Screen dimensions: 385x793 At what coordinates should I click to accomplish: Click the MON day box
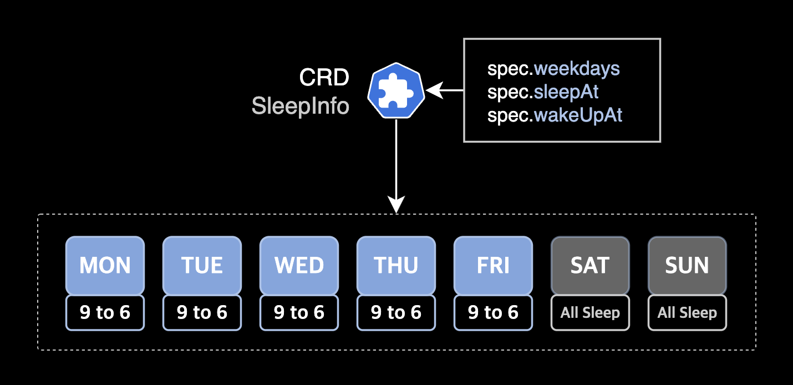point(105,265)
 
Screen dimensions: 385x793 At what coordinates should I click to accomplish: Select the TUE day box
point(202,265)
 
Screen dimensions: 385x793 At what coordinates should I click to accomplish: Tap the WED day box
point(299,265)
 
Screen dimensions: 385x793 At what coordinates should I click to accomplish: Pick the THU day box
point(396,265)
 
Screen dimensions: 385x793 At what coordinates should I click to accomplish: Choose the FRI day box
point(493,265)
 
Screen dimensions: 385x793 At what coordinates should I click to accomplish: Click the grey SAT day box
point(590,265)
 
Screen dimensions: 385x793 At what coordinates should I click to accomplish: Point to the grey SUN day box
point(687,265)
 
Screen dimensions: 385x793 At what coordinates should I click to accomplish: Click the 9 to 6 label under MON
point(105,313)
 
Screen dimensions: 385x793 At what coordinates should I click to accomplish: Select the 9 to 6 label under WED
point(299,313)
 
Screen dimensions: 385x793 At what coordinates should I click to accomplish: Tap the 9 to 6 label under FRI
point(493,313)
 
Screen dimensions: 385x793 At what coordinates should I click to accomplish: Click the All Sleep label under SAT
point(590,313)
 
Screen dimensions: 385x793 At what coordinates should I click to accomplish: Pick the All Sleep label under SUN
point(687,313)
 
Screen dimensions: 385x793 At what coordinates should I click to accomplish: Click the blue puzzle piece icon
point(396,90)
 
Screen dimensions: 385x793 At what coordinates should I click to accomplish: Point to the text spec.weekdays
point(553,69)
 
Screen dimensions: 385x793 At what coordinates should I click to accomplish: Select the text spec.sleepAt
point(543,92)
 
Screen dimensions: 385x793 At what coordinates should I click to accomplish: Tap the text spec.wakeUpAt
point(555,115)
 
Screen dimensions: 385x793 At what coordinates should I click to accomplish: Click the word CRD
point(324,78)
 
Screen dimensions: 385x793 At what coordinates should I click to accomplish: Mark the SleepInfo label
point(300,105)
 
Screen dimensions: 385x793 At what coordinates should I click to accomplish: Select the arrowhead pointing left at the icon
point(434,90)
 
